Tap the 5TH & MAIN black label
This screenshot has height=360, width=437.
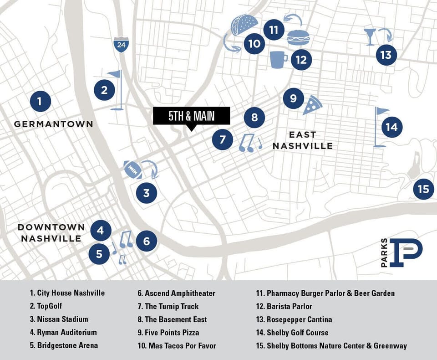191,116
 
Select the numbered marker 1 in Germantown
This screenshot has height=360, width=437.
41,101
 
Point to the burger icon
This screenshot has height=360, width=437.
298,37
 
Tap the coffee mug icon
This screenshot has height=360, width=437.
278,60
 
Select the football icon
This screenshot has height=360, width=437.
132,170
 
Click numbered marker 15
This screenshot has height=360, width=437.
424,189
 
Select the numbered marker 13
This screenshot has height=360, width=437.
386,55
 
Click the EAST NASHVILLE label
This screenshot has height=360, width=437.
302,140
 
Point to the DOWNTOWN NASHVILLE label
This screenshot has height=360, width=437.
51,232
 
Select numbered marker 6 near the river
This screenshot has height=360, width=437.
147,241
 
